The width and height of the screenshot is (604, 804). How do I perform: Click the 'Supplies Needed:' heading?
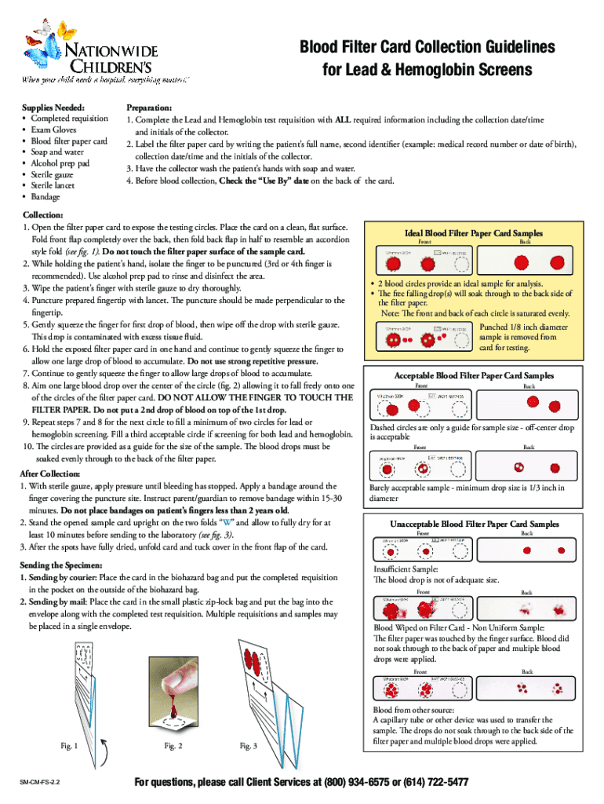coord(54,107)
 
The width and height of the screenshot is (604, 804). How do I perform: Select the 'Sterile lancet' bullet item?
coord(58,185)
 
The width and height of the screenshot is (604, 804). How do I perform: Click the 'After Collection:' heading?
coord(52,474)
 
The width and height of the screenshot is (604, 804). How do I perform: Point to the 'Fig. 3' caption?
coord(248,746)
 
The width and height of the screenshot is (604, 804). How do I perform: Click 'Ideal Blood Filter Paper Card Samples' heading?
coord(473,233)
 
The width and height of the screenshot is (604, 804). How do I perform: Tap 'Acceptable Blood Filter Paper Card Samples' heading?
coord(473,376)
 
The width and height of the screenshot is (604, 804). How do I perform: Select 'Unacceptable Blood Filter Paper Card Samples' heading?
coord(475,524)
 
